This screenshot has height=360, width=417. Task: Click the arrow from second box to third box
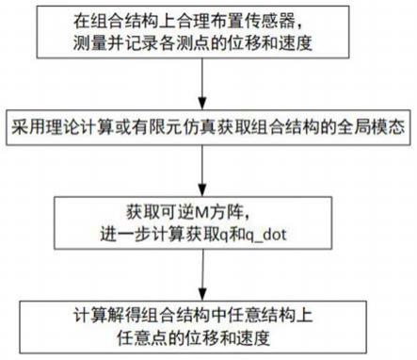[206, 170]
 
